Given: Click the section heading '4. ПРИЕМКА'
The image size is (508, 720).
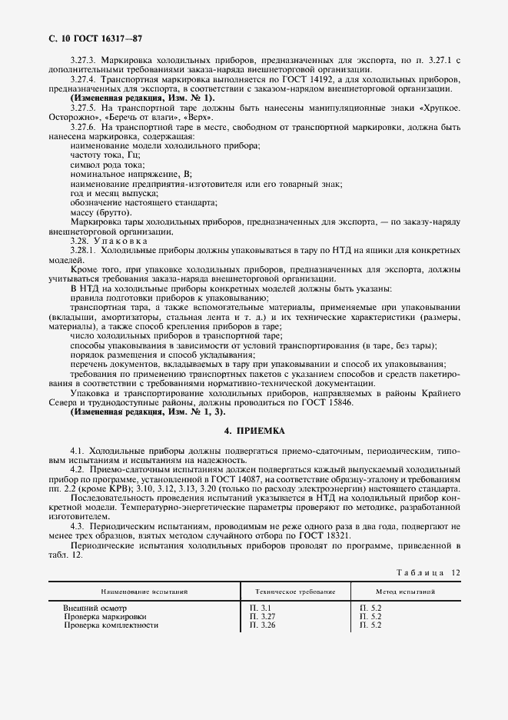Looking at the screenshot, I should [x=254, y=432].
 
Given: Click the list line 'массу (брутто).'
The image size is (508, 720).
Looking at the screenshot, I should [x=101, y=212].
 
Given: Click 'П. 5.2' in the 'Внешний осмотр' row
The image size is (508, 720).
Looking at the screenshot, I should [x=370, y=608].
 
